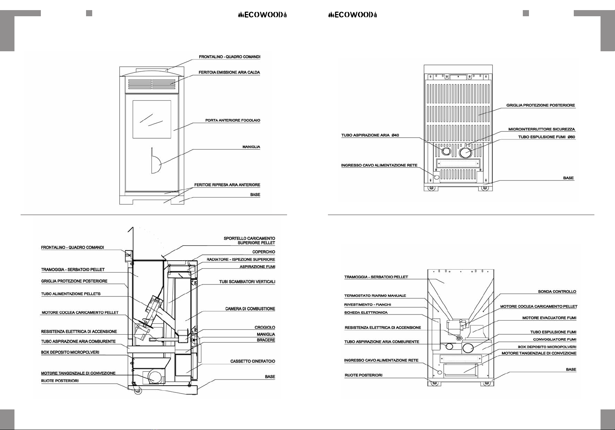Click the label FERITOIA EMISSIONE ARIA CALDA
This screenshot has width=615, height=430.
click(x=229, y=73)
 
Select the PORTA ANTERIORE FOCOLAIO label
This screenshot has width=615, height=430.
click(x=232, y=120)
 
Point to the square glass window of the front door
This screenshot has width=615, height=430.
click(x=152, y=119)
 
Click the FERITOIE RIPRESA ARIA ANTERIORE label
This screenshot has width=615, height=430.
click(x=227, y=185)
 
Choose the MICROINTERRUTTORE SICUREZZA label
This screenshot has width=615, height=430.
click(x=541, y=129)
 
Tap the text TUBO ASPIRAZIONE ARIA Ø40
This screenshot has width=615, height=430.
click(x=370, y=135)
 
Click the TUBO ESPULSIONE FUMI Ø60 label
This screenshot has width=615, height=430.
click(x=547, y=137)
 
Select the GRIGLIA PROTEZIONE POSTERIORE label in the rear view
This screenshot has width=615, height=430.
click(x=541, y=105)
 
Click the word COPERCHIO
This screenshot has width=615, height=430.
click(x=264, y=252)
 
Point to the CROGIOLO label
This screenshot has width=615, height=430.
click(x=265, y=327)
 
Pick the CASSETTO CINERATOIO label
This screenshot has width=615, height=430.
click(x=253, y=361)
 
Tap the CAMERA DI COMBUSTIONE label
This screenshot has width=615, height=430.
click(x=250, y=309)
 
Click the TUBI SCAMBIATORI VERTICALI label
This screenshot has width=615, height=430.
click(x=247, y=282)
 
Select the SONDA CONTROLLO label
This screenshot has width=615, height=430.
click(x=557, y=292)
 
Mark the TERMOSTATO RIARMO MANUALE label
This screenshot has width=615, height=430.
click(x=375, y=296)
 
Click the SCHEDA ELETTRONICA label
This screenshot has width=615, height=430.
click(x=366, y=313)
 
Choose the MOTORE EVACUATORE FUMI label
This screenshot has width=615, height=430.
click(x=549, y=318)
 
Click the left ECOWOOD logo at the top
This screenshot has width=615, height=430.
click(x=262, y=15)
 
